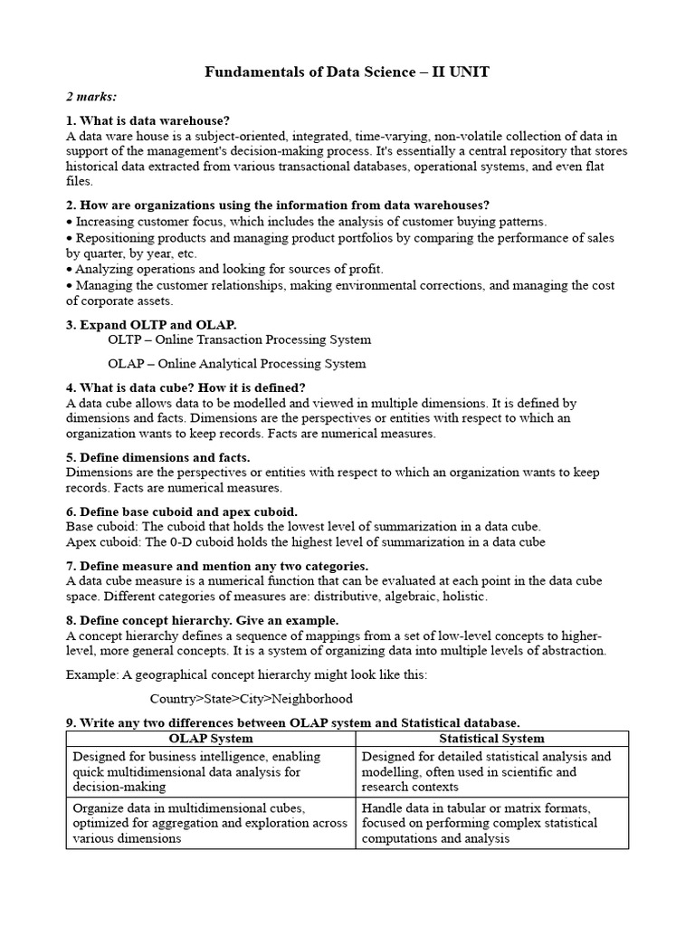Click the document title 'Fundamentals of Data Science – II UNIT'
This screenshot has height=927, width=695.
[347, 72]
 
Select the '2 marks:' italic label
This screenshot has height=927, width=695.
[90, 96]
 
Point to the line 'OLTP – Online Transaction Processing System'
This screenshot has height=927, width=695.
[239, 339]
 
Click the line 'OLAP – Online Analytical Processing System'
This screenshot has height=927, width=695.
[237, 363]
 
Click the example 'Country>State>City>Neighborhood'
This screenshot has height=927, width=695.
[252, 699]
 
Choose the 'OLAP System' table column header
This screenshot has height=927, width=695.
[211, 738]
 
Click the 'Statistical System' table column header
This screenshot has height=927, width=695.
[491, 738]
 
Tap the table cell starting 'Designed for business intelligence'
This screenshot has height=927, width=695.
[211, 771]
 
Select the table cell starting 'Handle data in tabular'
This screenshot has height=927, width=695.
[491, 823]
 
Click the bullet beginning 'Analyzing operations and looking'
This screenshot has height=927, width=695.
[226, 269]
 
